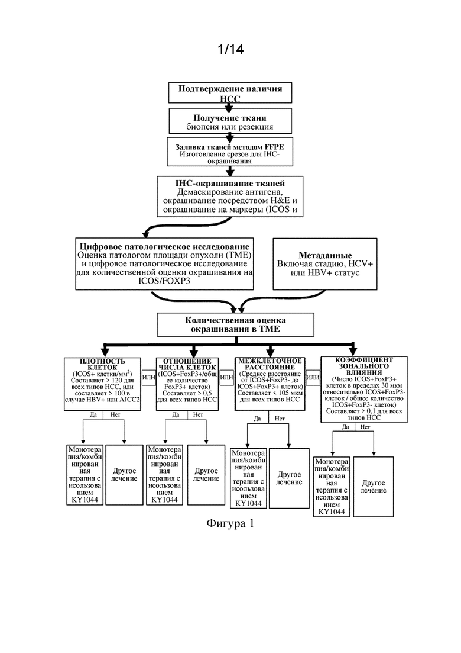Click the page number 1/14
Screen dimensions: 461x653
tap(230, 49)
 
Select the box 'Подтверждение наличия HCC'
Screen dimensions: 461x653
tap(230, 92)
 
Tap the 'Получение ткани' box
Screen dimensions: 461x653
tap(230, 121)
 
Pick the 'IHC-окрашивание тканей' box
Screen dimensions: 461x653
tap(230, 197)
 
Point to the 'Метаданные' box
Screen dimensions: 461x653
tap(324, 264)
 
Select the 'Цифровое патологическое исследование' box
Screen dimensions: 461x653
tap(164, 264)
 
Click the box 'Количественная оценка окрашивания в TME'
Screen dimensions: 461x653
tap(235, 325)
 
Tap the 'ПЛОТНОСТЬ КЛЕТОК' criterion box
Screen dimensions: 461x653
tap(102, 384)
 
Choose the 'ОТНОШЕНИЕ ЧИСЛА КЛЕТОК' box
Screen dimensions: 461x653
tap(187, 384)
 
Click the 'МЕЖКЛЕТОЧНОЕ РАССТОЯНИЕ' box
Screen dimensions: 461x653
tap(270, 384)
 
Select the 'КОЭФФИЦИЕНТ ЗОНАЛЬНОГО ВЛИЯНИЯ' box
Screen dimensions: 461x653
tap(363, 389)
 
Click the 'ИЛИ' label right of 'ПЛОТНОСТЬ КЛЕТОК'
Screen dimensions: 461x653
tap(148, 377)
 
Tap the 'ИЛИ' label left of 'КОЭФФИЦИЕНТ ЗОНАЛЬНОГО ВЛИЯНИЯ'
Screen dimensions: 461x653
tap(313, 377)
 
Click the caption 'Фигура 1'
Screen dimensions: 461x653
tap(230, 523)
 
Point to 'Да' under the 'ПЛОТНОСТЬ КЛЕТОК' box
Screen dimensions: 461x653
tap(93, 415)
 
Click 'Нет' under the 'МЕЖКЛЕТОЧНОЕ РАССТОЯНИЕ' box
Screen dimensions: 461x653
tap(280, 418)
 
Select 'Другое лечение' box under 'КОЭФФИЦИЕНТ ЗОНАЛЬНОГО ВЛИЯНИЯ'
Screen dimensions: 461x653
tap(374, 487)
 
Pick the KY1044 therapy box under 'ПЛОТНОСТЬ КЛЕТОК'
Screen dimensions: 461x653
tap(85, 475)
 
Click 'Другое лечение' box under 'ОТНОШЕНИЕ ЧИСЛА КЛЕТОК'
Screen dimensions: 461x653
tap(206, 475)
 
